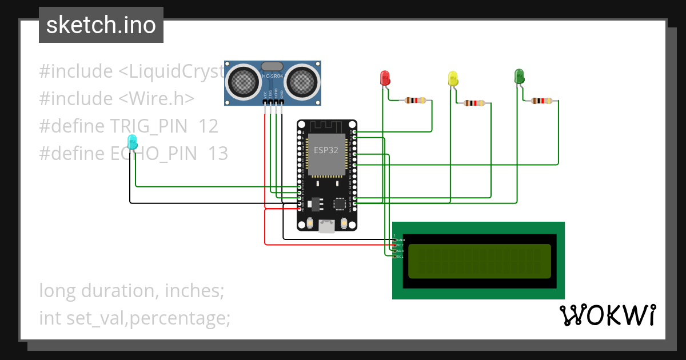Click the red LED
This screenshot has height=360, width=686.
385,78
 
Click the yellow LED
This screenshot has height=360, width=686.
453,79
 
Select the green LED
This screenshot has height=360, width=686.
519,76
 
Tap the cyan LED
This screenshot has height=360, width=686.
132,142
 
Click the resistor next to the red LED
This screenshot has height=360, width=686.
415,101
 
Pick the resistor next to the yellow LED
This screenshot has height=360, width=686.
474,103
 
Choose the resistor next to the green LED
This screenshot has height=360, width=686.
541,101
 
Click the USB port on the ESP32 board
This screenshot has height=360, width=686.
327,226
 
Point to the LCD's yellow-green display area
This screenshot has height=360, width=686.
479,261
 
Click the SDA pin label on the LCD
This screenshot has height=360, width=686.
400,251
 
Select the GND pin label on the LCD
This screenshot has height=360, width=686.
400,239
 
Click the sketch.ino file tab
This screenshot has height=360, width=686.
101,25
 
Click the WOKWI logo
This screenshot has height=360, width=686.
607,315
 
